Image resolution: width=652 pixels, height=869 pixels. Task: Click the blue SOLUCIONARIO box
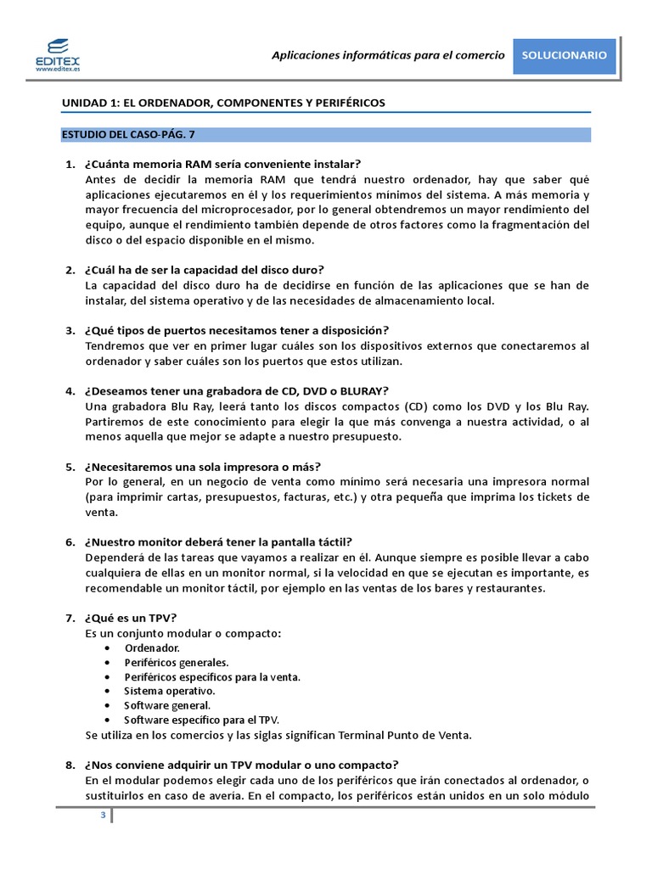tap(565, 55)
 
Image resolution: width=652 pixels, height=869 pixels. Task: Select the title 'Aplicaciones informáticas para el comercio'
tap(387, 55)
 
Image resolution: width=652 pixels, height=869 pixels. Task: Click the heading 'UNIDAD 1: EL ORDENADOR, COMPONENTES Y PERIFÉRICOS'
tap(223, 103)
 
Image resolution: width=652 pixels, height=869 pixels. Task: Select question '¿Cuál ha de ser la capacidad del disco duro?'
tap(205, 270)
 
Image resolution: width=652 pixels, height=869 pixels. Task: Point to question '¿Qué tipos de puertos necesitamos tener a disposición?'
tap(236, 330)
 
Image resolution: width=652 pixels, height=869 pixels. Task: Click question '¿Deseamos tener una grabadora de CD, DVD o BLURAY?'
tap(236, 391)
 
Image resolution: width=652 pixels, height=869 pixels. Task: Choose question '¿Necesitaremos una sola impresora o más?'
tap(202, 467)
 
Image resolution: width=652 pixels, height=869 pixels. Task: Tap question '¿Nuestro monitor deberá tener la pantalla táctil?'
tap(218, 542)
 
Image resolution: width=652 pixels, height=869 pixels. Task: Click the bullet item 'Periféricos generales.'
tap(176, 662)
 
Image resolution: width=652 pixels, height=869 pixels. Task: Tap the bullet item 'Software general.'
tap(167, 705)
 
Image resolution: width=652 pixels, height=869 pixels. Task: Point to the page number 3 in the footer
tap(103, 816)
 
